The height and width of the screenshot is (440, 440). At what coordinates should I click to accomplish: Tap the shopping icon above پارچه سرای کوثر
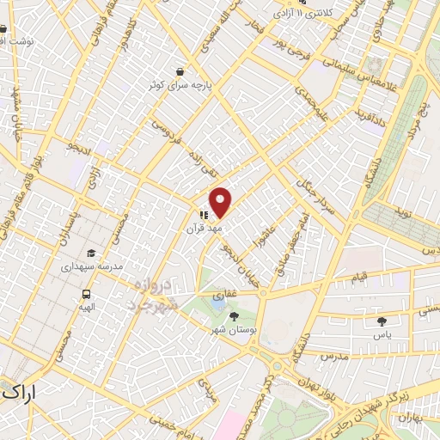[x=179, y=71]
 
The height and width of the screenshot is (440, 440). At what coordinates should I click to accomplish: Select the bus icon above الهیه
[x=86, y=292]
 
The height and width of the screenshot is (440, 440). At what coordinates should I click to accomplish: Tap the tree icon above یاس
[x=382, y=321]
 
